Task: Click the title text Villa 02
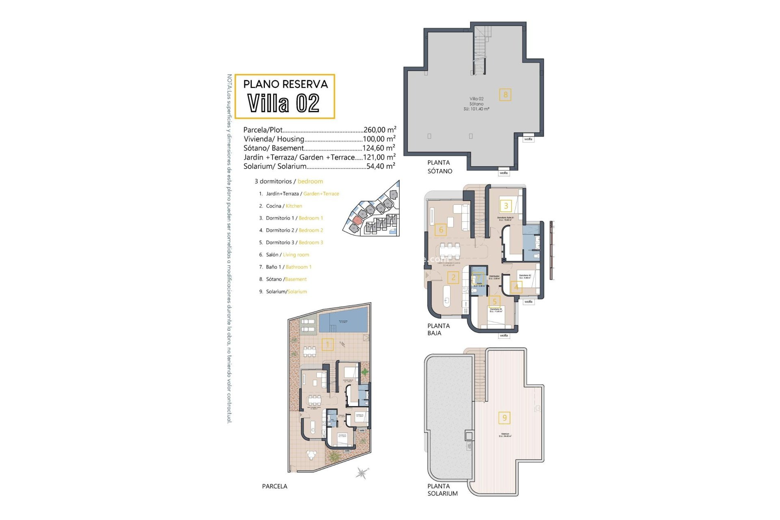point(284,103)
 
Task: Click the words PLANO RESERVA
point(285,84)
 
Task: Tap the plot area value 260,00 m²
point(379,130)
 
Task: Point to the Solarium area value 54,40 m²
point(380,166)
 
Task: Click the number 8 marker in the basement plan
point(505,95)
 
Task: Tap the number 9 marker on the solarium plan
point(505,418)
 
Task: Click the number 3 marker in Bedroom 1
point(506,206)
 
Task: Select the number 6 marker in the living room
point(441,230)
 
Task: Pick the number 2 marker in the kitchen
point(453,278)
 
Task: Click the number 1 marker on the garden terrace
point(327,345)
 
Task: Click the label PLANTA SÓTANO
point(439,167)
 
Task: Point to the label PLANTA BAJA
point(438,329)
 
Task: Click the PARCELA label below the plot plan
point(275,486)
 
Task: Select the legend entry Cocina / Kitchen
point(284,206)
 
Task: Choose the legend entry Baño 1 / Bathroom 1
point(288,267)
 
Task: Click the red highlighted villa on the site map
point(357,220)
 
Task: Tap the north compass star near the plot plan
point(362,473)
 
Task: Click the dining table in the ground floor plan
point(450,251)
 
